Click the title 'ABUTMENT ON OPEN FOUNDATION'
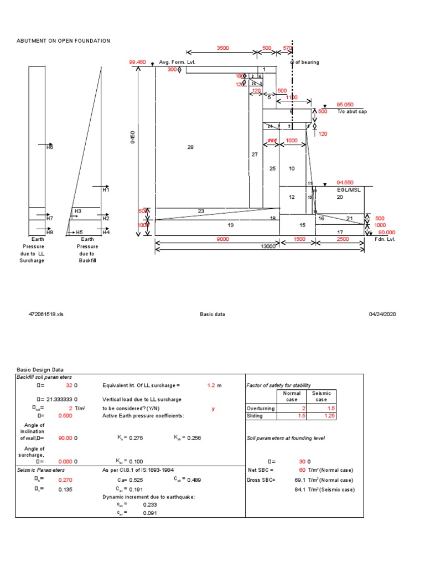pos(63,41)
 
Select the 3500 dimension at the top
pos(222,49)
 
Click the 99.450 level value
pos(137,63)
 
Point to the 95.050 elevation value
pos(344,104)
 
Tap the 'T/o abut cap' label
pos(351,111)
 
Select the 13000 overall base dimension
pos(268,246)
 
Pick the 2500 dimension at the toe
pos(343,239)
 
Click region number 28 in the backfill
pos(190,147)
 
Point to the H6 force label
pos(49,148)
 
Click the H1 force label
pos(106,189)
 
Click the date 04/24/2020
pos(383,314)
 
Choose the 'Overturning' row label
pos(260,408)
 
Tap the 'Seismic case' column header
pos(322,396)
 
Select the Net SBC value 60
pos(302,470)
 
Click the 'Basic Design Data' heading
pos(40,369)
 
